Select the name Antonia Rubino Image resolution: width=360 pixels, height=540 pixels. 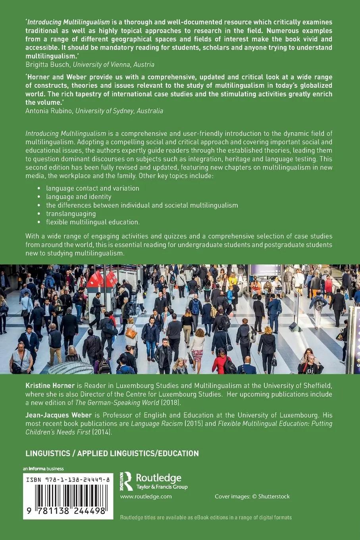coord(48,111)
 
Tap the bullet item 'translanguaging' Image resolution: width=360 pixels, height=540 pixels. coord(71,214)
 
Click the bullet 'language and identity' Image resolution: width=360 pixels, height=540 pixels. coord(79,197)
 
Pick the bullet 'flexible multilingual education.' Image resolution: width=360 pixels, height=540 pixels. coord(92,222)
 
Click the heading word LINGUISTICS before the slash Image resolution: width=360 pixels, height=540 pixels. coord(49,453)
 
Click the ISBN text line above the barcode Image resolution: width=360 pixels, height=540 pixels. coord(67,480)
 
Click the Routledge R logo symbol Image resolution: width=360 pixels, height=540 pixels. coord(127,481)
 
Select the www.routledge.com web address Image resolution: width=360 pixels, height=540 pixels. coord(146,496)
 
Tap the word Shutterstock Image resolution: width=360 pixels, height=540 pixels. coord(274,496)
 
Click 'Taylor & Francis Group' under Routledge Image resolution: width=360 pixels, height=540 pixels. coord(162,487)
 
